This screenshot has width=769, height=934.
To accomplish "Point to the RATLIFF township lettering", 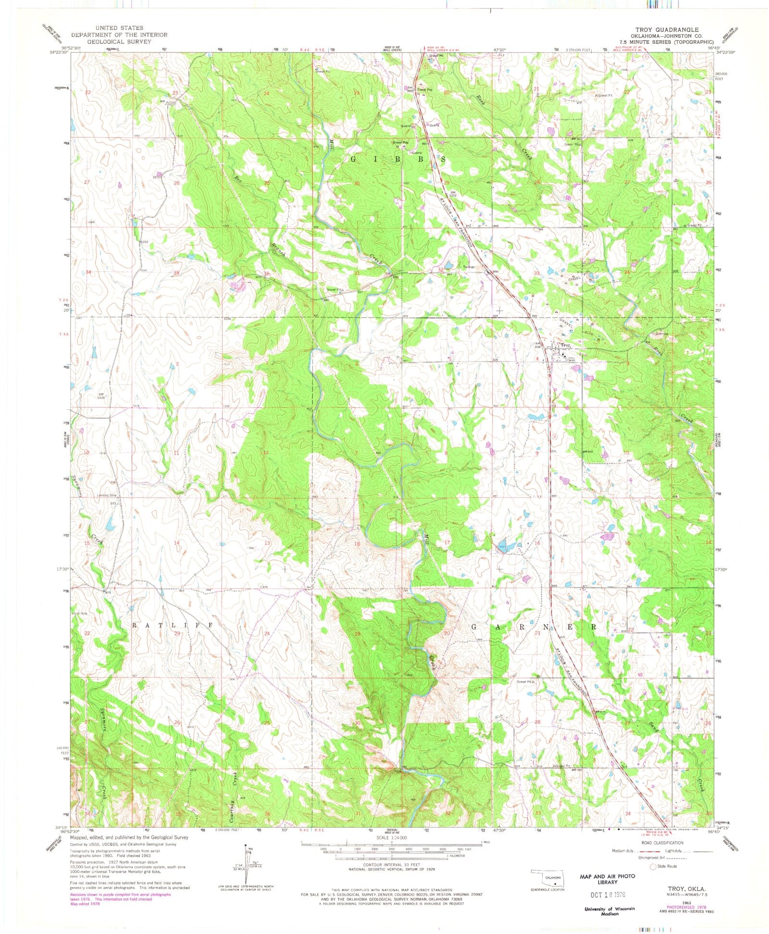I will [x=172, y=625].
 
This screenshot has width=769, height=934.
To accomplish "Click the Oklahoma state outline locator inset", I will [x=546, y=879].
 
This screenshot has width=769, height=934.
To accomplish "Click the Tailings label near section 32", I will [x=469, y=267].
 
